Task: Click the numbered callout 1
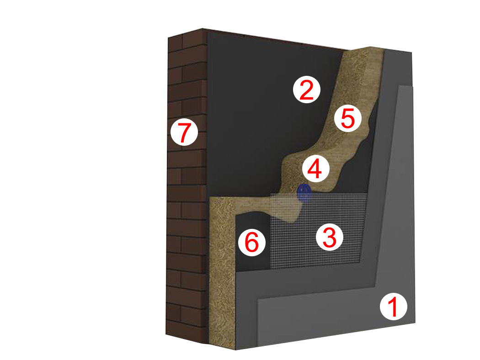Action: coord(393,307)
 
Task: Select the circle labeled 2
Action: coord(306,90)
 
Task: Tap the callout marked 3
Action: coord(330,237)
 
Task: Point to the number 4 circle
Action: coord(315,169)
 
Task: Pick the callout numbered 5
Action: coord(348,118)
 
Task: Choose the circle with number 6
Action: coord(252,243)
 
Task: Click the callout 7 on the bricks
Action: coord(184,132)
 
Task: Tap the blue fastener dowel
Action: coord(304,193)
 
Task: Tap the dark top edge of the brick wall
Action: coord(276,38)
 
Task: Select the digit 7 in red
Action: coord(184,132)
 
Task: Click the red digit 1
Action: coord(393,307)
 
